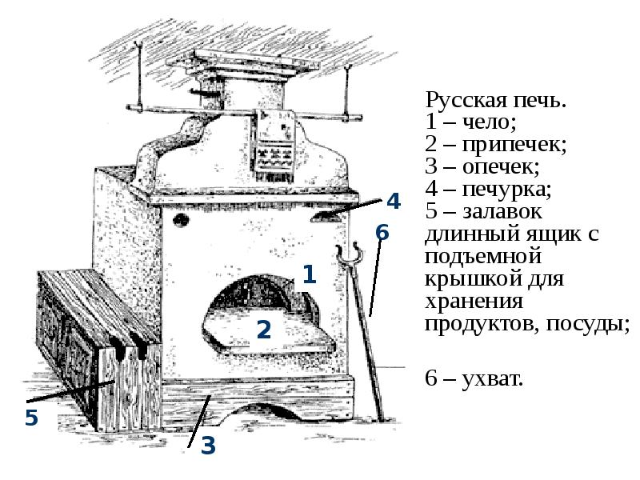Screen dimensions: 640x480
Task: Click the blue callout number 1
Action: (310, 274)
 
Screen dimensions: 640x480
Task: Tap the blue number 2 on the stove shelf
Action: (264, 330)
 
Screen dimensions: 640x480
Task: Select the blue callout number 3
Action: (208, 446)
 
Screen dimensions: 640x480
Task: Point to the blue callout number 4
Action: (394, 202)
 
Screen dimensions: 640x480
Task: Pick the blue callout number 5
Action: (31, 417)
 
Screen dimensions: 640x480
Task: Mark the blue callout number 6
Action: (382, 232)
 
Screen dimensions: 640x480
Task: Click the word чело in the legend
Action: (489, 122)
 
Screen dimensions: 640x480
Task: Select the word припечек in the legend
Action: (514, 145)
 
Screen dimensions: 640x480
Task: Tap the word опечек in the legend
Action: (501, 166)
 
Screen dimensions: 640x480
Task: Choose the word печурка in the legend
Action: (506, 189)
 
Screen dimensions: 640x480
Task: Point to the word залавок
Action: (502, 212)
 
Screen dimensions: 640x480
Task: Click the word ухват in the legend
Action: (493, 378)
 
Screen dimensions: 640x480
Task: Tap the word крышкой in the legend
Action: (474, 278)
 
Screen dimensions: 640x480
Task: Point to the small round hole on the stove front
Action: (181, 220)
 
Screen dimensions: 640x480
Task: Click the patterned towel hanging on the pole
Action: (274, 146)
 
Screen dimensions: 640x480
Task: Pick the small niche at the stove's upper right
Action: (326, 216)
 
